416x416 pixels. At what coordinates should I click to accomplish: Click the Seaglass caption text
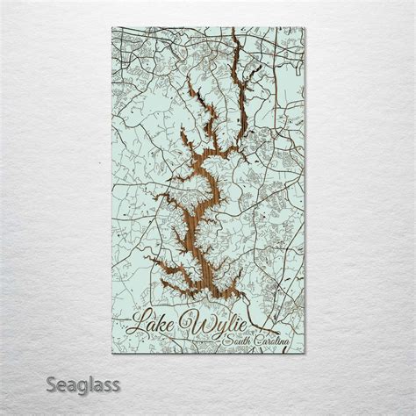pos(83,384)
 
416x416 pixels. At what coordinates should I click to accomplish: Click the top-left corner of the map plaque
pos(113,27)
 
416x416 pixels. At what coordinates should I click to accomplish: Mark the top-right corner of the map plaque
pos(305,27)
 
